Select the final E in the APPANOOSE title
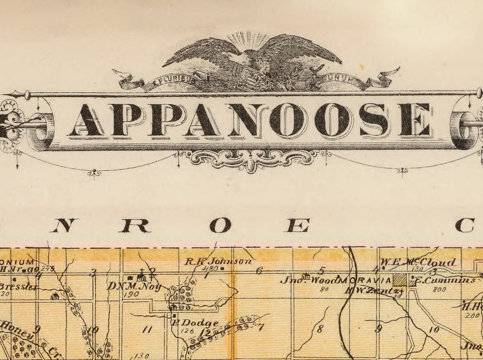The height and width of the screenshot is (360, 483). point(415,119)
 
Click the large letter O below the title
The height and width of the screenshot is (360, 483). point(220,226)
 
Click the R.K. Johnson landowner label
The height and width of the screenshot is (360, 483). point(218,261)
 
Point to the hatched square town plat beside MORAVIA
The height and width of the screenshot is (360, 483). point(400,280)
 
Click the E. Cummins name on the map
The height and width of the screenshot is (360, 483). point(445,280)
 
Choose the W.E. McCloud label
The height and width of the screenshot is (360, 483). point(418,262)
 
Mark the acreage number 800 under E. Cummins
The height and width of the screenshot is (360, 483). point(439,290)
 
